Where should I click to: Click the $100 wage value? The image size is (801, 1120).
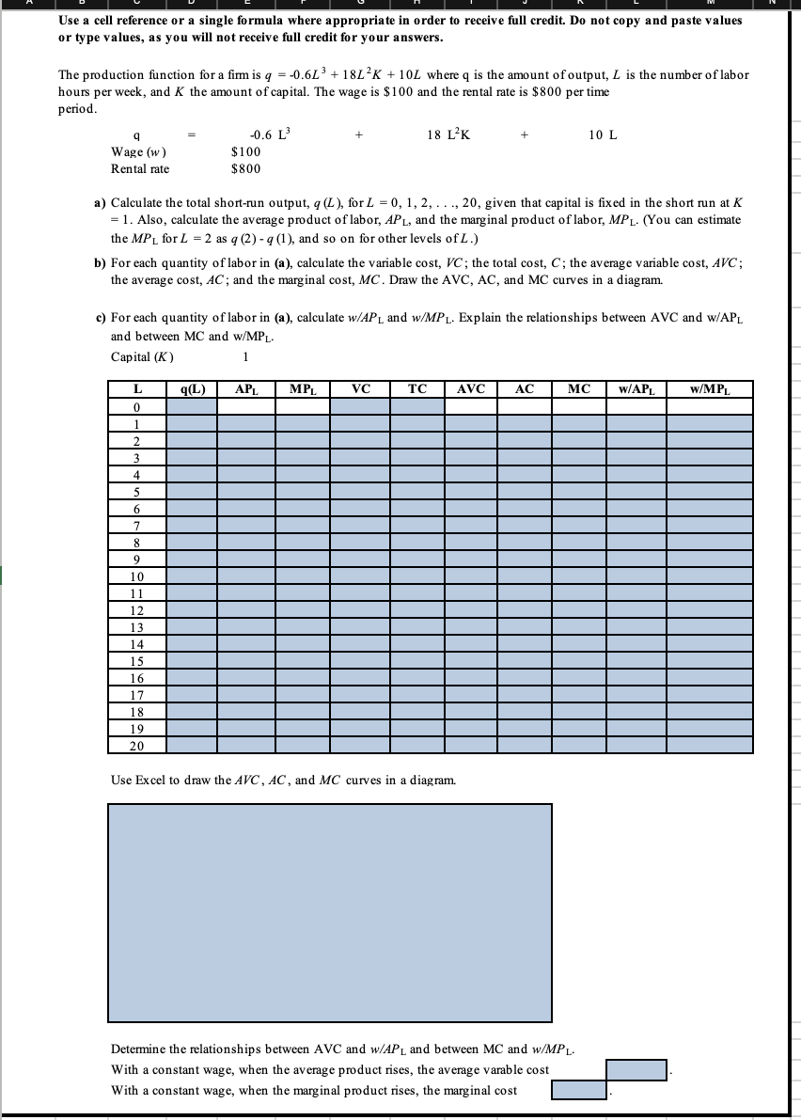[x=245, y=151]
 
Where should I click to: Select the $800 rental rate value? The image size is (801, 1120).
[x=245, y=168]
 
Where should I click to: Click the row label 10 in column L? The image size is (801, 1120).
[x=136, y=576]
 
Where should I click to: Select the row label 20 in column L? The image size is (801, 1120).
[x=136, y=746]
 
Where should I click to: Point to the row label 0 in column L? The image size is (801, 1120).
[x=136, y=407]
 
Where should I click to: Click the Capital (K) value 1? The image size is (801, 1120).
[x=245, y=356]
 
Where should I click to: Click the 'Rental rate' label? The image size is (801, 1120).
[x=140, y=168]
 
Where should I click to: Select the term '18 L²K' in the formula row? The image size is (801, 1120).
[x=448, y=134]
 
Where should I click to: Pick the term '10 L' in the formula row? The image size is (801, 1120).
[x=603, y=134]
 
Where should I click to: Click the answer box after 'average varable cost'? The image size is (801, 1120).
[x=636, y=1070]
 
